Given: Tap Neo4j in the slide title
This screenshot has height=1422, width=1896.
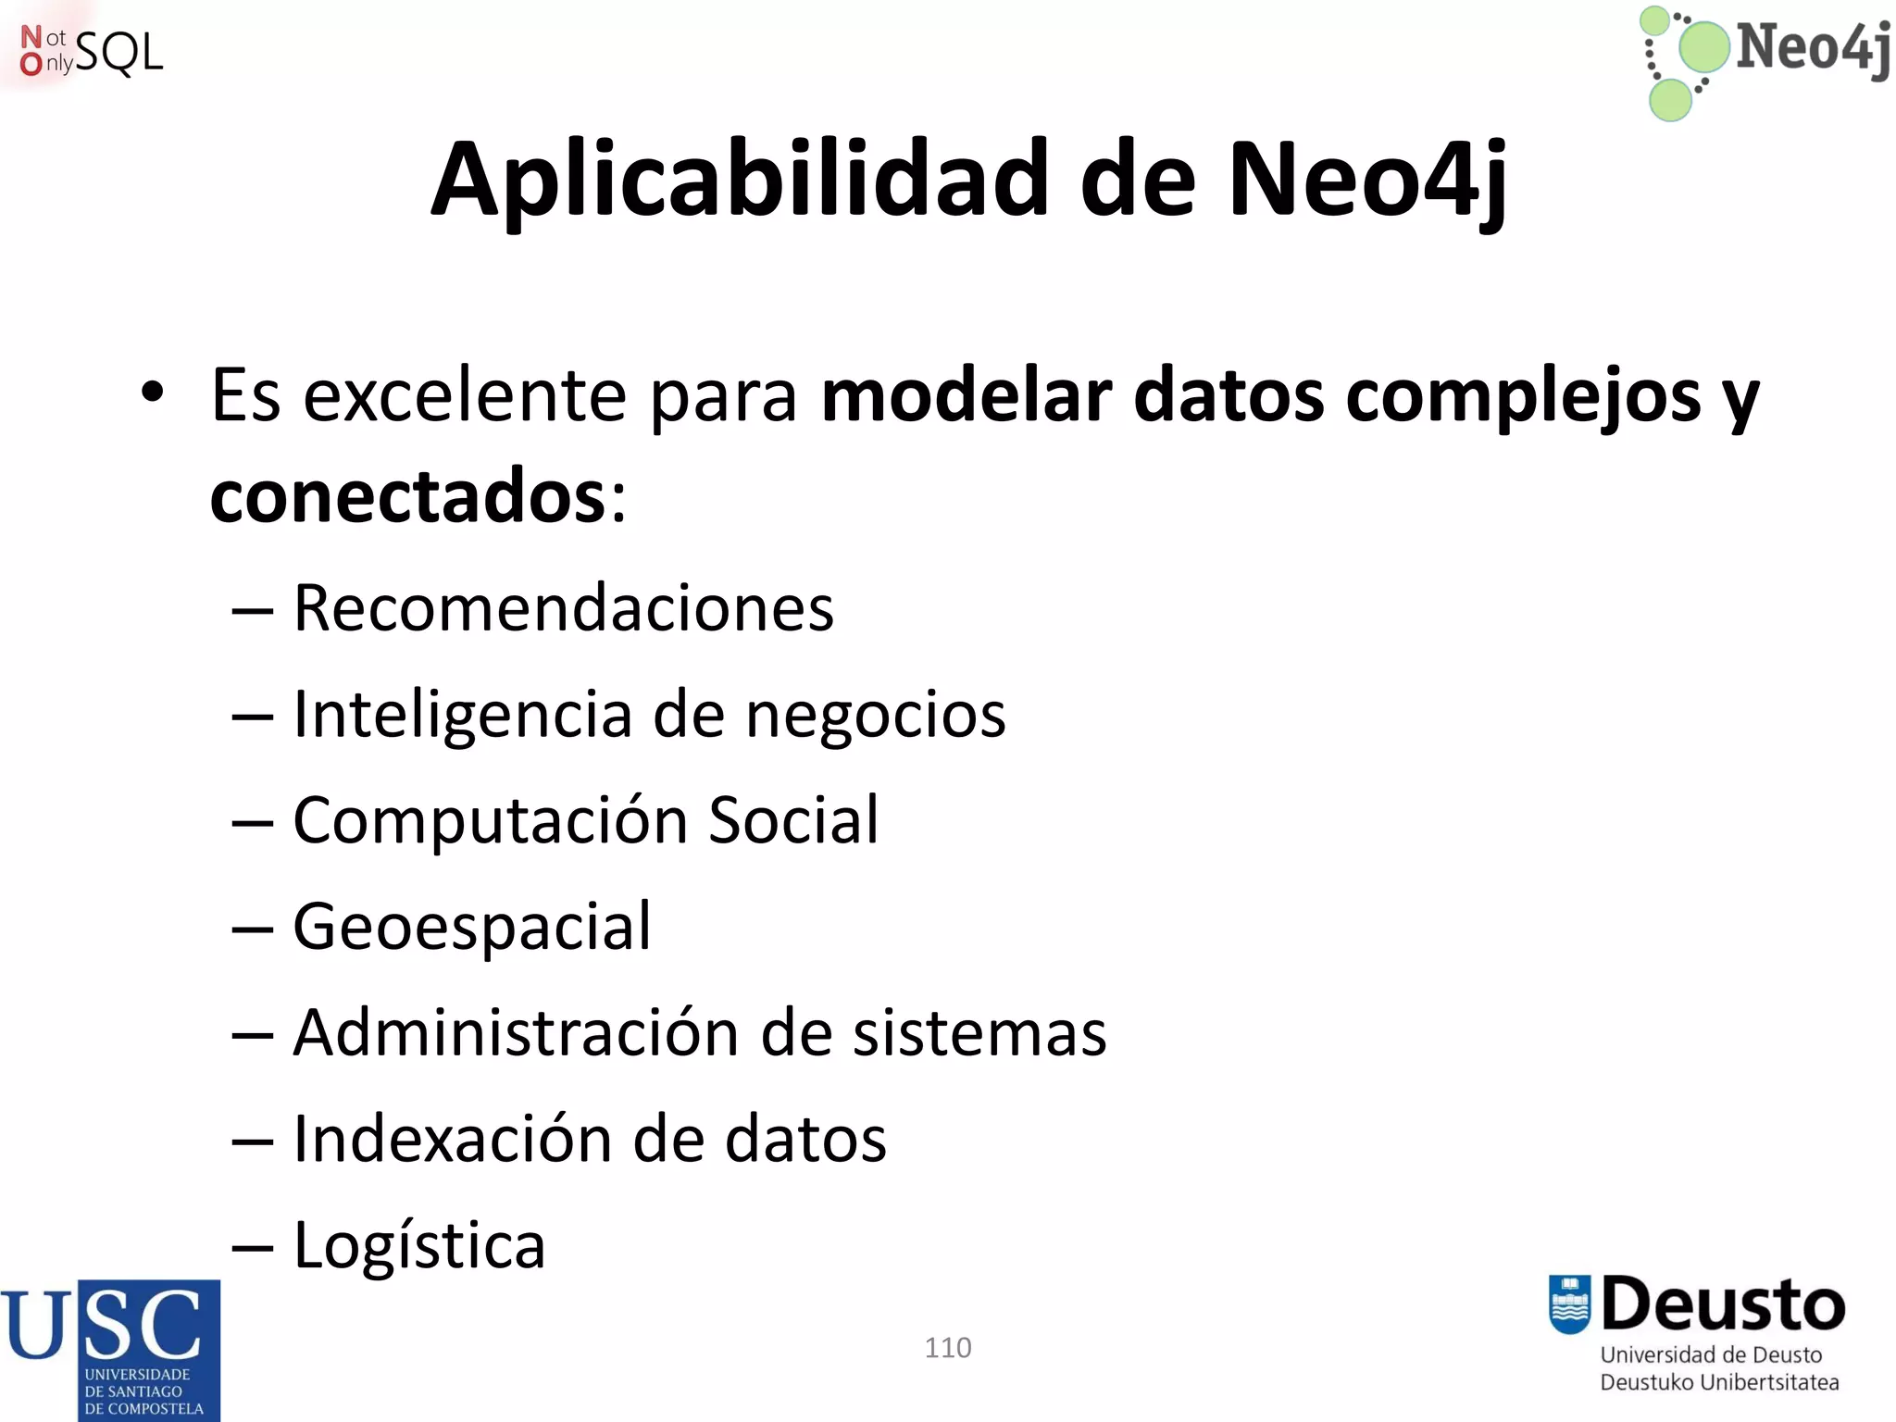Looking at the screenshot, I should (x=1368, y=181).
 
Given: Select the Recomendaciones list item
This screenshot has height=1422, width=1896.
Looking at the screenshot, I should (x=563, y=608).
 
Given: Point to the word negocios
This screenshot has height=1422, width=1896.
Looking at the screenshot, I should (x=875, y=716).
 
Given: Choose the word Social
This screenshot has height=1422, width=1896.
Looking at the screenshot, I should (x=792, y=820).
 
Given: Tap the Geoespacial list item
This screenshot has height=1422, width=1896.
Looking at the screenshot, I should (x=472, y=927).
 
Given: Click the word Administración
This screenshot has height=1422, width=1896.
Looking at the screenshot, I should (x=516, y=1032).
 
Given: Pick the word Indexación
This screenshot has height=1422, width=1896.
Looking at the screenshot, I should (x=453, y=1139).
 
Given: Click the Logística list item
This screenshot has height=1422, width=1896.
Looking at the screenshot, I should (x=418, y=1246).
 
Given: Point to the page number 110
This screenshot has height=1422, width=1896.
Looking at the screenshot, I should (x=948, y=1347).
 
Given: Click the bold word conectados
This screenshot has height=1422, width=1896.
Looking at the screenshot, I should (x=407, y=496).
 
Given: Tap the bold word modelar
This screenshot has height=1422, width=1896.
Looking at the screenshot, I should (x=966, y=396).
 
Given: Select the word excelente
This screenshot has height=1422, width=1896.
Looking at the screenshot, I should (x=465, y=396).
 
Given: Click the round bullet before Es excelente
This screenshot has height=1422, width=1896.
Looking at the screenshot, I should (x=153, y=393).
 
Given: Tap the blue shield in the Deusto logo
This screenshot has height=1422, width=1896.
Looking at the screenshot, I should (x=1569, y=1304).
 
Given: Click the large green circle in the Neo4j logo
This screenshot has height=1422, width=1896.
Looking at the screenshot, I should (x=1703, y=46).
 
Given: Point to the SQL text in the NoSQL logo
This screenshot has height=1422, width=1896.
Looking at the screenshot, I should (x=118, y=53).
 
